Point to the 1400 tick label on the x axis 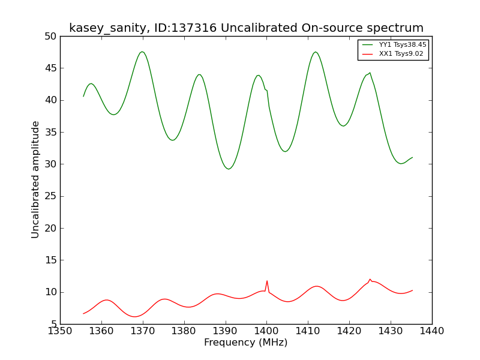pyautogui.click(x=266, y=331)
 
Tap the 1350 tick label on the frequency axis pyautogui.click(x=60, y=331)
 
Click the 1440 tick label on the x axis pyautogui.click(x=432, y=331)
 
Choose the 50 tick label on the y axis pyautogui.click(x=50, y=37)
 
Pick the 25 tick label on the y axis pyautogui.click(x=50, y=196)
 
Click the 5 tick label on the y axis pyautogui.click(x=54, y=324)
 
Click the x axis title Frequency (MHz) pyautogui.click(x=246, y=343)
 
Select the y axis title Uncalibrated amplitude pyautogui.click(x=35, y=179)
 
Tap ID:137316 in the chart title pyautogui.click(x=185, y=28)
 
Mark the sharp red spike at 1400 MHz pyautogui.click(x=267, y=281)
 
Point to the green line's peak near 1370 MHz pyautogui.click(x=142, y=52)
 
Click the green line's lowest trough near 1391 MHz pyautogui.click(x=229, y=169)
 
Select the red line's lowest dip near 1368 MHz pyautogui.click(x=134, y=317)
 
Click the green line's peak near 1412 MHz pyautogui.click(x=316, y=52)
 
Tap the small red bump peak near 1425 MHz pyautogui.click(x=370, y=279)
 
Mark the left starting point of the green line pyautogui.click(x=83, y=97)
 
